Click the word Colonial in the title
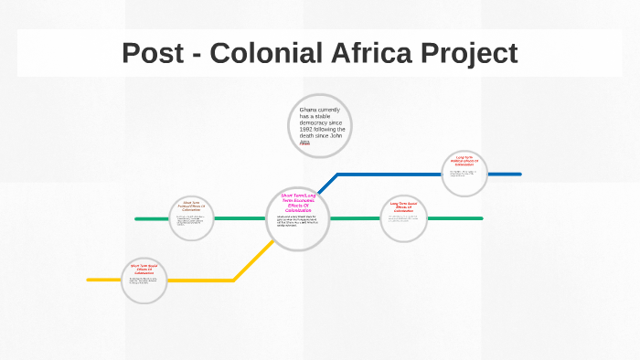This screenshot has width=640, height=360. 264,53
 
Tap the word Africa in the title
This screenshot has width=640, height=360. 373,53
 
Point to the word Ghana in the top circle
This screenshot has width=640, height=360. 309,111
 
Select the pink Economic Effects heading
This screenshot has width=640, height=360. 298,202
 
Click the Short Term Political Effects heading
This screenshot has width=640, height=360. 191,206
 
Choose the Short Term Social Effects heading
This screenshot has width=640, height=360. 144,270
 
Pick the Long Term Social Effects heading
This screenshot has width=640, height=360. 403,206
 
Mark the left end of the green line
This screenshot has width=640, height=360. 137,219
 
